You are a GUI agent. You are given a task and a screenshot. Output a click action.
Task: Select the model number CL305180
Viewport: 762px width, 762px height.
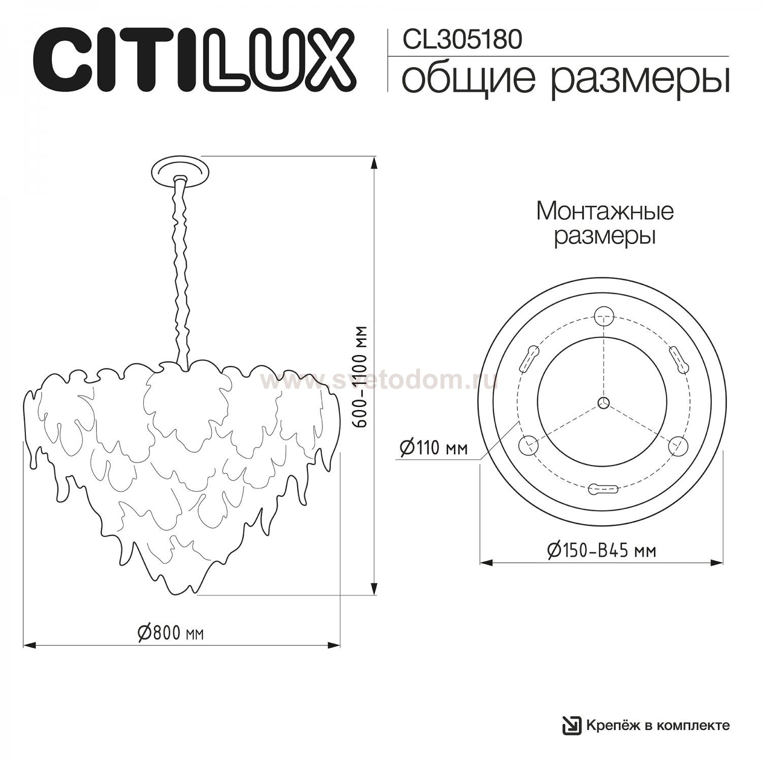point(462,39)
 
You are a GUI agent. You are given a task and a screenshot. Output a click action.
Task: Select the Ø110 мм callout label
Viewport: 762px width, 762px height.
point(433,448)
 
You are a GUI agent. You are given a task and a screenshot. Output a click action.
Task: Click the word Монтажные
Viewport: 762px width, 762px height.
point(605,211)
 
